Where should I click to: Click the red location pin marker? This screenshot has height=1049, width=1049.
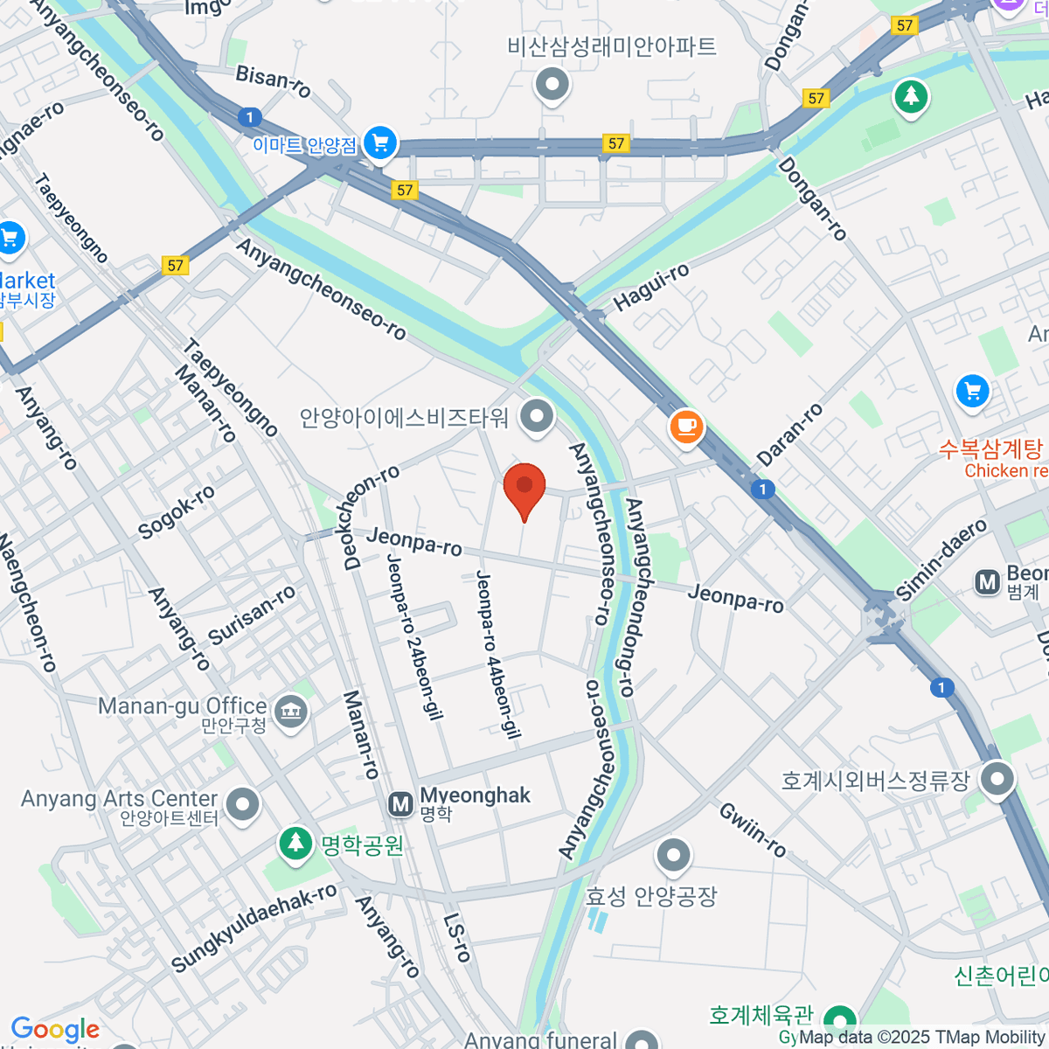[x=524, y=486]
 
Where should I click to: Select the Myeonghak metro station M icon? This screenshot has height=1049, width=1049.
[x=400, y=804]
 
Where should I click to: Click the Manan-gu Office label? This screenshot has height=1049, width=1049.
[x=182, y=706]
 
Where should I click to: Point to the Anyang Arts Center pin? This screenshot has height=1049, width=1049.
[x=242, y=803]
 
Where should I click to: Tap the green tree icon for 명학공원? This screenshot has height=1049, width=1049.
[x=296, y=843]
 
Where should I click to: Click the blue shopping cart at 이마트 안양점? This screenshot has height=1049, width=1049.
[x=380, y=142]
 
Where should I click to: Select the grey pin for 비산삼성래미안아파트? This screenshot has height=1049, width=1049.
[x=552, y=85]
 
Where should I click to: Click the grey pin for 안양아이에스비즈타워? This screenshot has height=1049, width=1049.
[x=537, y=416]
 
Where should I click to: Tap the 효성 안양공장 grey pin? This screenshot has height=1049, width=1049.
[x=673, y=856]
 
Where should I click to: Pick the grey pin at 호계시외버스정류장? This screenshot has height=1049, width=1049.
[x=997, y=777]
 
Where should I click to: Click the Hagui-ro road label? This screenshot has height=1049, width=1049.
[x=651, y=287]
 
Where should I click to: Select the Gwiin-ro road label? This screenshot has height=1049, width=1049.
[x=753, y=829]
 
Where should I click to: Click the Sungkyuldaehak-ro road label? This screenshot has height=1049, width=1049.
[x=254, y=928]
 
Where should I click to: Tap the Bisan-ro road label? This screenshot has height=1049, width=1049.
[x=274, y=80]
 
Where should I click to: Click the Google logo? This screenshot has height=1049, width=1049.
[x=55, y=1030]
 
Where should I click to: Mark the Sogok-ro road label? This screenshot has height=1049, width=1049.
[x=177, y=513]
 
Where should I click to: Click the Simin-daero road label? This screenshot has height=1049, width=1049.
[x=941, y=559]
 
